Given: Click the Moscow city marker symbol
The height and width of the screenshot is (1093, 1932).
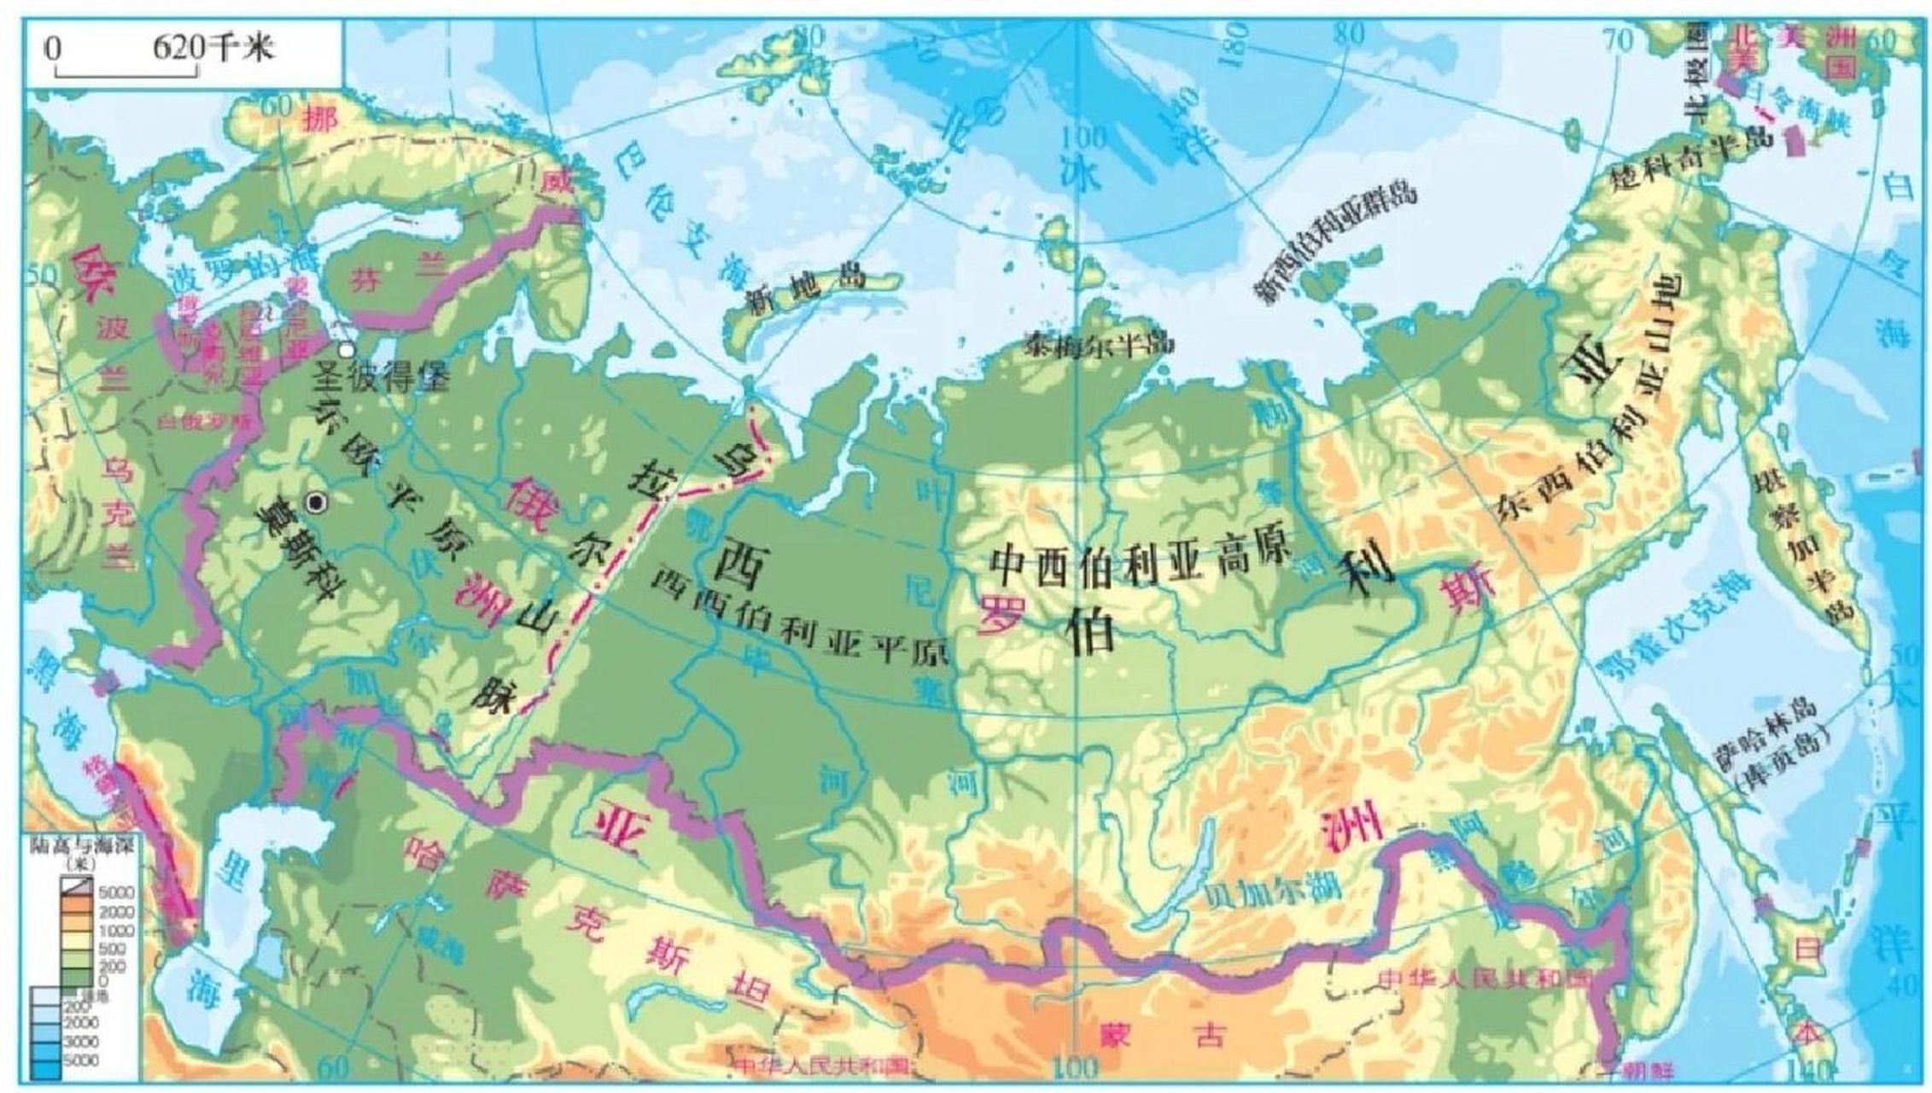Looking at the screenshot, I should coord(318,503).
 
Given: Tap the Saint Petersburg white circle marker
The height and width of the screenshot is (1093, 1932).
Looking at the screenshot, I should coord(346,350).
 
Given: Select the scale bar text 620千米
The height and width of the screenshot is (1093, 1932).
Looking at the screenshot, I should coord(213,48).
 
